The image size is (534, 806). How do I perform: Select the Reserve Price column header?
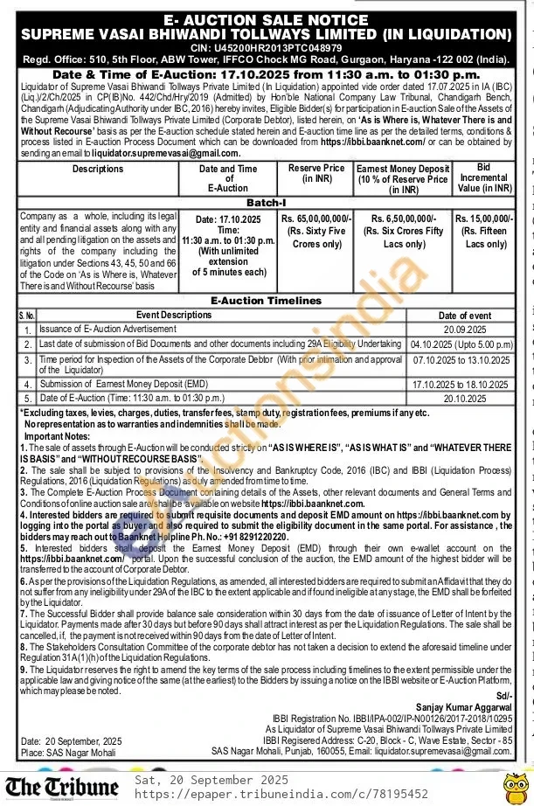pos(316,172)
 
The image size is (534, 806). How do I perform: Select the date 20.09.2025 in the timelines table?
pos(464,330)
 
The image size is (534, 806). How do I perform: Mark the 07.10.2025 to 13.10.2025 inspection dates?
pos(461,359)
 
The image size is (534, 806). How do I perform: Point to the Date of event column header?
pos(464,316)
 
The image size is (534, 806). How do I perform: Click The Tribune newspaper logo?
pos(62,786)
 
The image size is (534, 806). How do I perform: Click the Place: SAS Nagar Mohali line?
pos(70,752)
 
